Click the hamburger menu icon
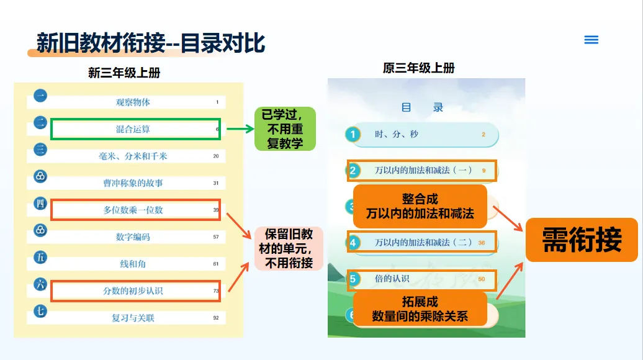591,40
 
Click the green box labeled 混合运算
135,129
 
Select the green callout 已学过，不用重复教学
285,128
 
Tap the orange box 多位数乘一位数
135,210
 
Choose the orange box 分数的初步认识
135,290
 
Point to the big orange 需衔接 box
582,240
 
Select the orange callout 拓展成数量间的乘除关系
420,308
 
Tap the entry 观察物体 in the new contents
133,102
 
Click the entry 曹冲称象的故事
133,183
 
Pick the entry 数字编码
133,236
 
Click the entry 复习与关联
133,318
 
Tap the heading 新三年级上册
124,73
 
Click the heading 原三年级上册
419,68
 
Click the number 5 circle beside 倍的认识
353,279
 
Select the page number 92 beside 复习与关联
216,318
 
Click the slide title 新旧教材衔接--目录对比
151,43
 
